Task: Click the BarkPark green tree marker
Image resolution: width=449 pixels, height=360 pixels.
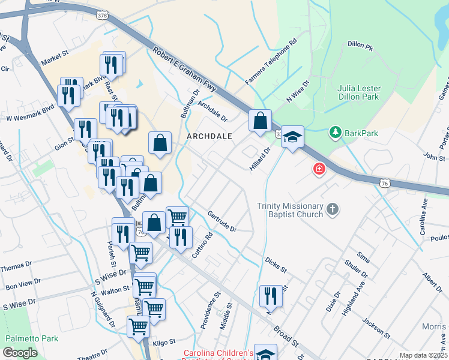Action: point(335,133)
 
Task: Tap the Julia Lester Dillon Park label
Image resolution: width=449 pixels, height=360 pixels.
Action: point(359,92)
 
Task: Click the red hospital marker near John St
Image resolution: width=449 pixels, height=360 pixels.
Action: point(319,170)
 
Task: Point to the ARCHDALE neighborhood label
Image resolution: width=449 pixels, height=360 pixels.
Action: point(209,136)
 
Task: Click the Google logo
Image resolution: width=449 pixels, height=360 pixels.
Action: point(20,353)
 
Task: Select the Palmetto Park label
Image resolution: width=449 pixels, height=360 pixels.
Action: point(31,338)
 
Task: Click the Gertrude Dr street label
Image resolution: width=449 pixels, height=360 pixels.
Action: point(222,221)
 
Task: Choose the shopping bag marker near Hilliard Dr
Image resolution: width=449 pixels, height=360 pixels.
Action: point(261,121)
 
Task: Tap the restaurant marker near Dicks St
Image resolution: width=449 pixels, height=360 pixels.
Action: point(271,296)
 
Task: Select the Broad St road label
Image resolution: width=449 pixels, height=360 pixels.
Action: point(286,337)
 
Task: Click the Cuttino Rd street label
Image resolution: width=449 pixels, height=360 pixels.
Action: point(203,246)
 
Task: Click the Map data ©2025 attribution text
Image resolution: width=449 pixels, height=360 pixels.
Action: point(423,355)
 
